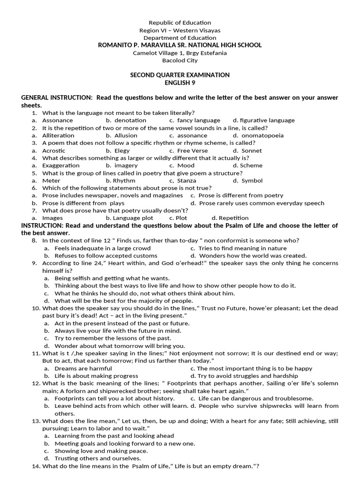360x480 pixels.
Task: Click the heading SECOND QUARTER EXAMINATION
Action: point(180,75)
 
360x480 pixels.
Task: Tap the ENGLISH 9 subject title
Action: point(180,82)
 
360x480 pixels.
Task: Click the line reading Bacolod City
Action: point(180,60)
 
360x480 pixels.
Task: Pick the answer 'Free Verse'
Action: point(190,150)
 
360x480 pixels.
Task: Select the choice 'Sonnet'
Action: point(251,150)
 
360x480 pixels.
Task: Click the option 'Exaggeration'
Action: point(61,165)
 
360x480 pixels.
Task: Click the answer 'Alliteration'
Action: point(58,135)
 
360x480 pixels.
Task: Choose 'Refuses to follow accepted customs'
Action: point(106,256)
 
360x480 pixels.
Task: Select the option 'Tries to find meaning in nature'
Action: point(242,248)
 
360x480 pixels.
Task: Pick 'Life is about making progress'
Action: point(97,376)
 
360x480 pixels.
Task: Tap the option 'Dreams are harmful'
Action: point(83,368)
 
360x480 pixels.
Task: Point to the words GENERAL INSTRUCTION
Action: point(56,97)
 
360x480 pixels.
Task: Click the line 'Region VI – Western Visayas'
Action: point(180,30)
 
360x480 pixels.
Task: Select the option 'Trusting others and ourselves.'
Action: point(97,458)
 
